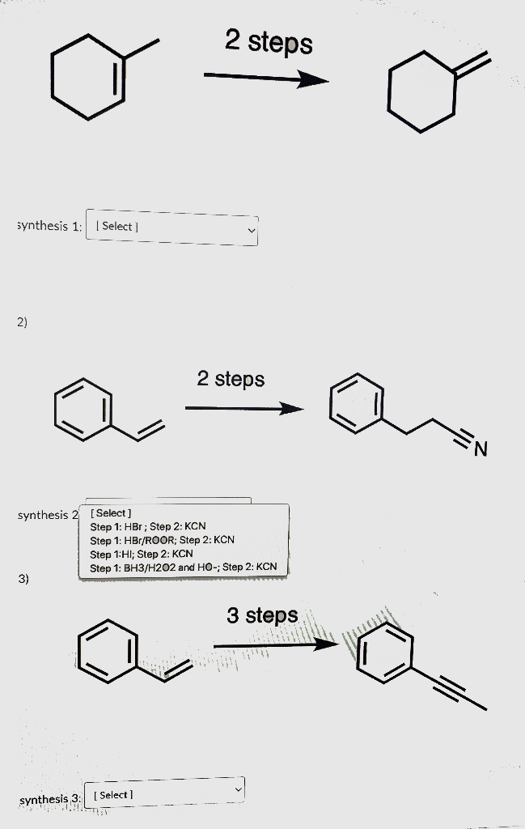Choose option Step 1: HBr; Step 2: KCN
[148, 526]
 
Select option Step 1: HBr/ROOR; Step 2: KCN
[162, 540]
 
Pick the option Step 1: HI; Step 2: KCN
[142, 554]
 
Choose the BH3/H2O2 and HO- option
[184, 568]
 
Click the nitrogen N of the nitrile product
[481, 448]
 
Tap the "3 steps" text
[262, 616]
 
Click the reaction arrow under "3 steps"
[275, 644]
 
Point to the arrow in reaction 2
[243, 409]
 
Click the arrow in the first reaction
[265, 79]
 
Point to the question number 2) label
[22, 322]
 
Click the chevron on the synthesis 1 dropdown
[251, 232]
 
